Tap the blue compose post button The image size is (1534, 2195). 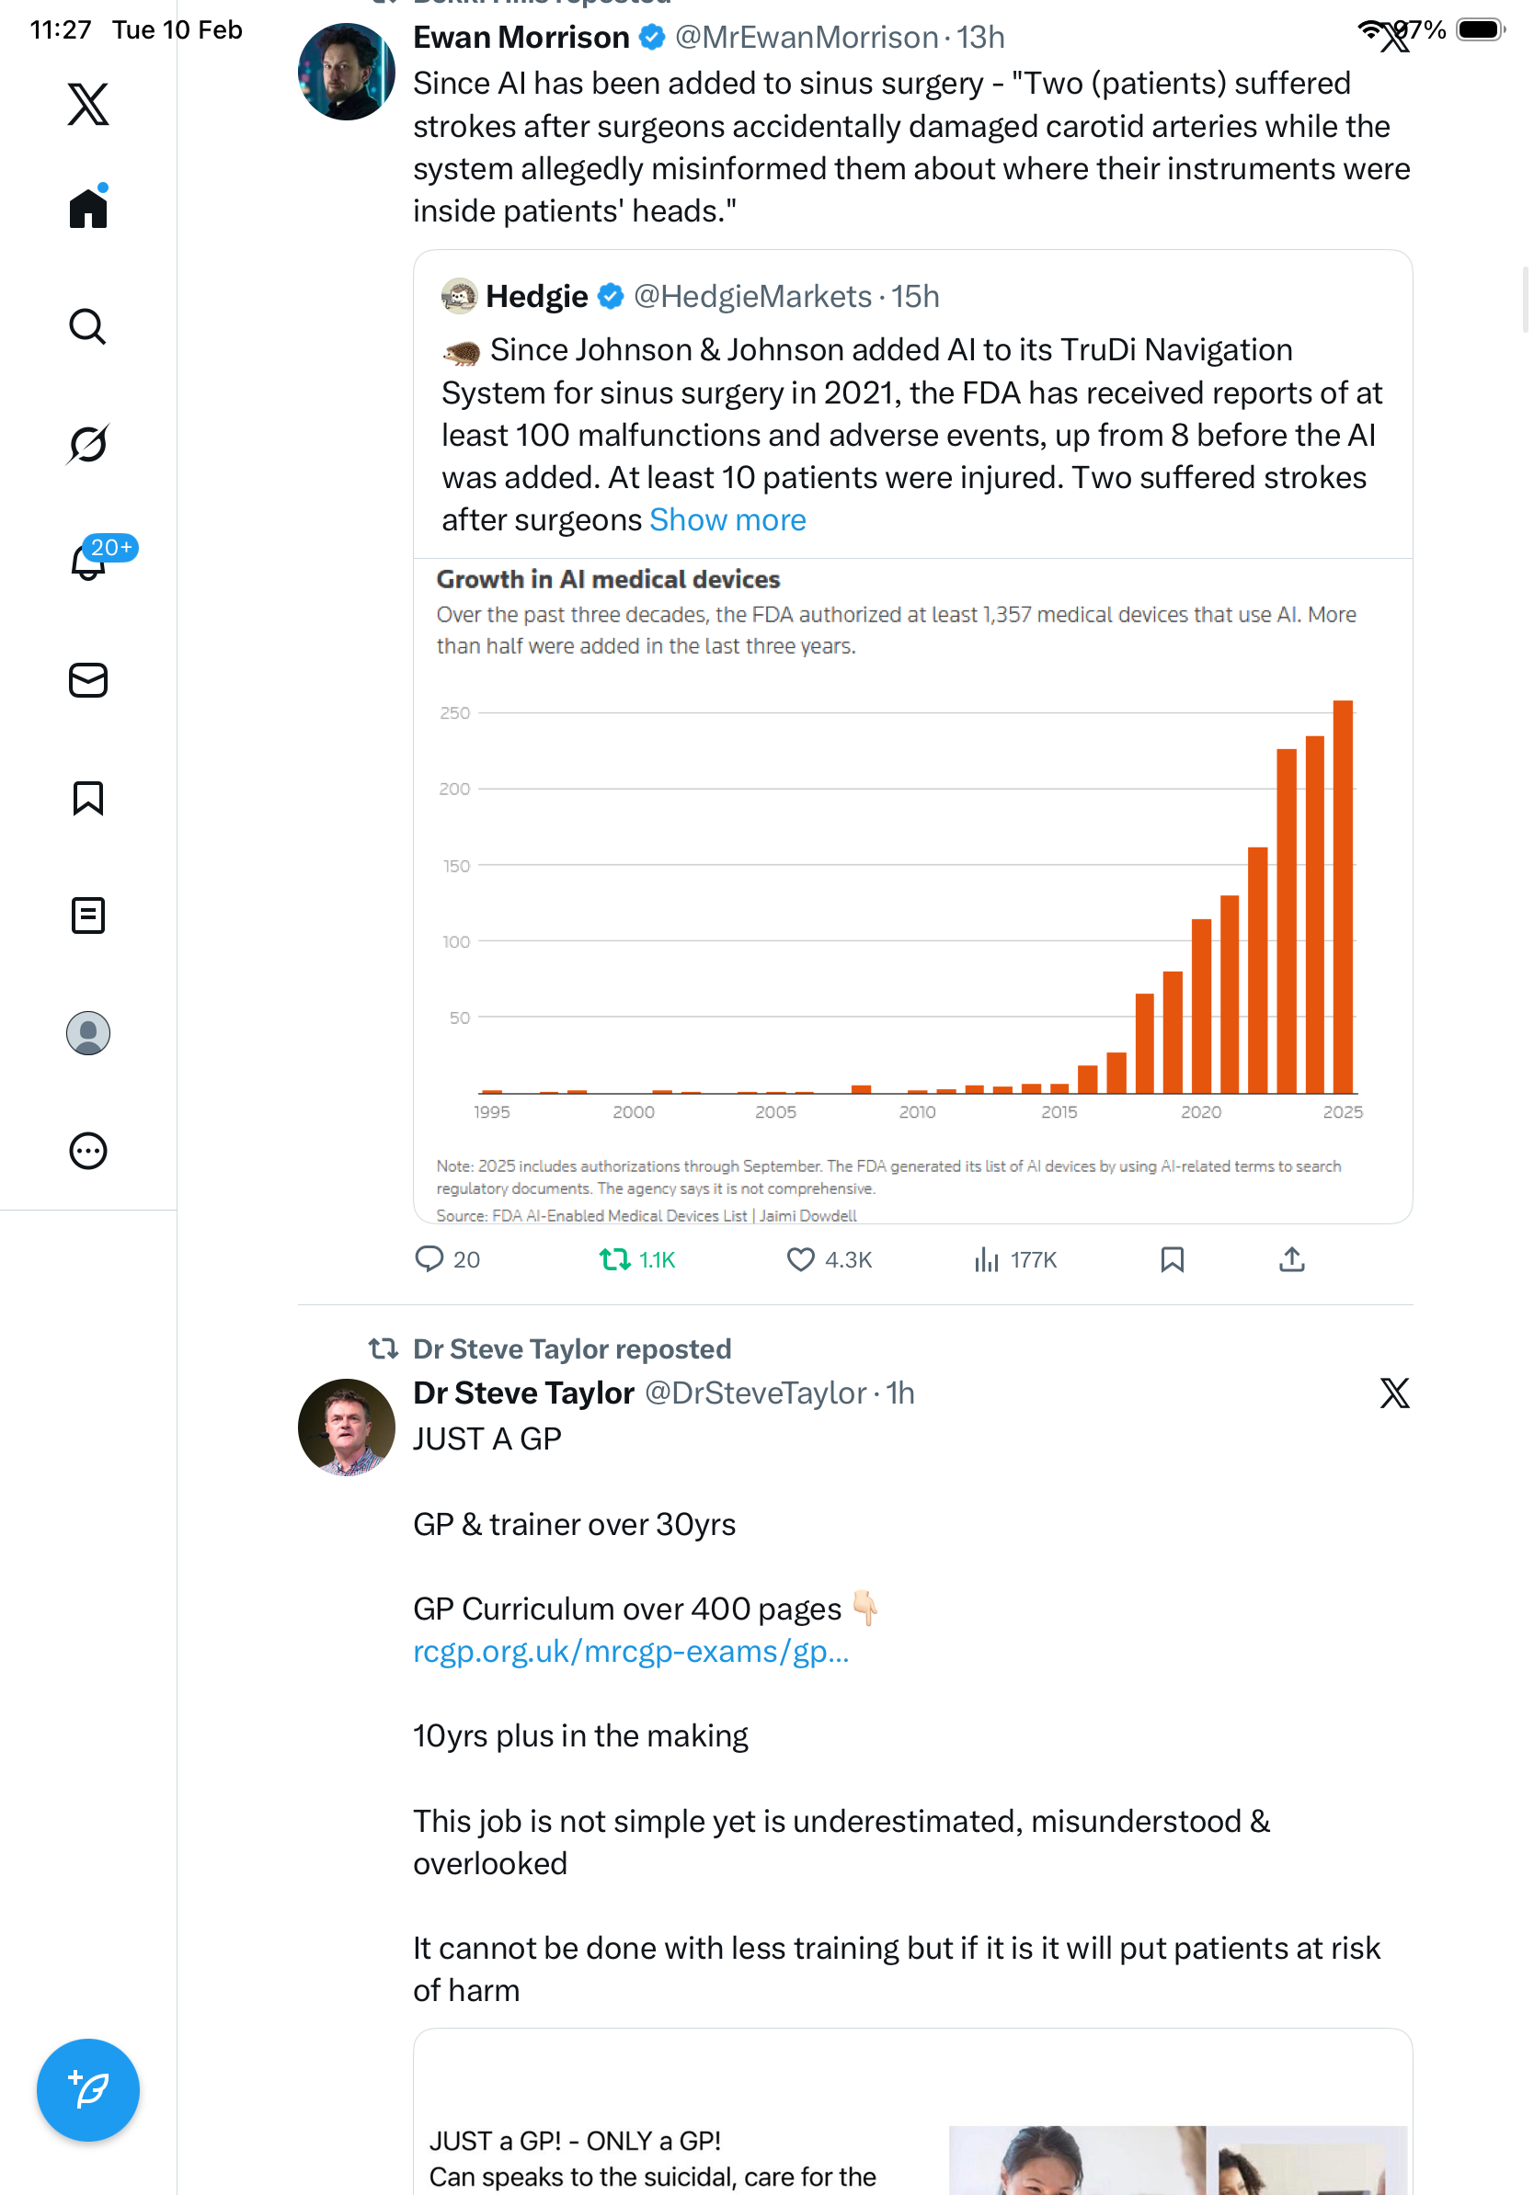(88, 2090)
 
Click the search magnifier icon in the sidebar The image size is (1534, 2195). (87, 327)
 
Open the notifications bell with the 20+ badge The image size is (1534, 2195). (89, 562)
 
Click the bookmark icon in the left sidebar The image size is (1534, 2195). (88, 798)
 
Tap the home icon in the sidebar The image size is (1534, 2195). (88, 209)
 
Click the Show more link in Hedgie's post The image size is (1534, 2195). (727, 520)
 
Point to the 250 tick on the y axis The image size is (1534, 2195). (455, 713)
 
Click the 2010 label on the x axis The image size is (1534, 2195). (917, 1112)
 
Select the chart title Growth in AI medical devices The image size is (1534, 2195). (608, 579)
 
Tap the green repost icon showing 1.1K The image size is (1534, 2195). (615, 1259)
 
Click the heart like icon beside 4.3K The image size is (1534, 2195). (799, 1259)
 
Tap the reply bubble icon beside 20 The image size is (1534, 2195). (429, 1259)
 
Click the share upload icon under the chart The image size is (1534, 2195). (1291, 1259)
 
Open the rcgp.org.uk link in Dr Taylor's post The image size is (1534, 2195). (630, 1652)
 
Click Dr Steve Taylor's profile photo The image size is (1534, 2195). (346, 1427)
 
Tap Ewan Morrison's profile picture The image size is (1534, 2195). (346, 72)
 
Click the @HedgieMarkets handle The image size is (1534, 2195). (751, 296)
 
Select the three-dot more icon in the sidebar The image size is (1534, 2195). (88, 1151)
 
